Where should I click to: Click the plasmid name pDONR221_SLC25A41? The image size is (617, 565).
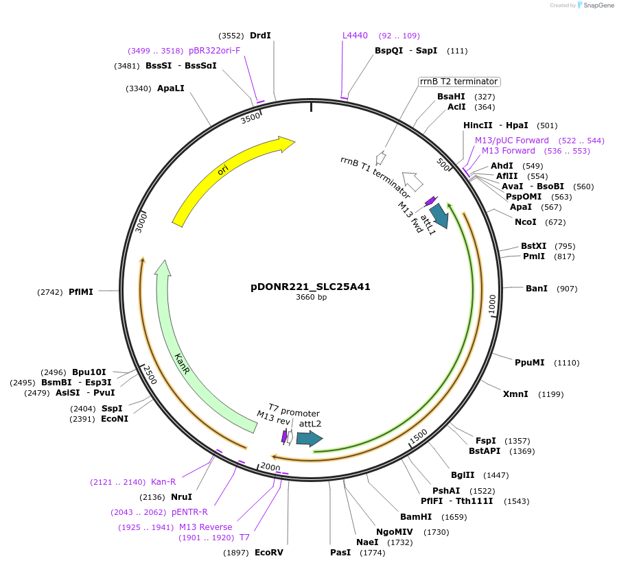point(310,287)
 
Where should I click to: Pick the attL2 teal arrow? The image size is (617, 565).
point(309,438)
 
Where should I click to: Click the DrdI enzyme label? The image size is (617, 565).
point(260,36)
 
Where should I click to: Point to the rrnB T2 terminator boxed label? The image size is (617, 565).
point(459,82)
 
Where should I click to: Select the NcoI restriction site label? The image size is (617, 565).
point(526,221)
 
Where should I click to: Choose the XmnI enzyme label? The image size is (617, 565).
point(515,394)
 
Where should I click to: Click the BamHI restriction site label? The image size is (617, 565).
point(416,516)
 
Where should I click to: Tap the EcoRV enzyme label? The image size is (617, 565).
point(268,552)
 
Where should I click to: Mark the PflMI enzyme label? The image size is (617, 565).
point(81,291)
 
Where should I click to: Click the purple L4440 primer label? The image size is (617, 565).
point(355,36)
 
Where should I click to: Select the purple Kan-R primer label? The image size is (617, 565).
point(163,482)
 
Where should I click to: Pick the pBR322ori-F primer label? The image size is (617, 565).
point(215,51)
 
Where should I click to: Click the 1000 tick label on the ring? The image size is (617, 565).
point(492,305)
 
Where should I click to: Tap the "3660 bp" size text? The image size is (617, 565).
point(311,298)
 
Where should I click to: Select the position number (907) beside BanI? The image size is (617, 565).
point(567,288)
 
